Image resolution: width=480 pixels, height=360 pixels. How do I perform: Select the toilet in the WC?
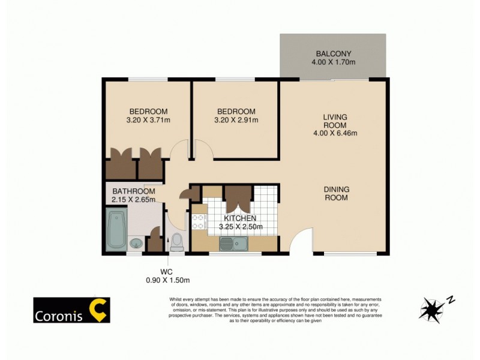point(177,242)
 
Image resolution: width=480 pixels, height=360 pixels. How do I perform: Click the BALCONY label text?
point(333,52)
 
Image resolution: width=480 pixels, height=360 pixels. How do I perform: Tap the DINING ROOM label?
point(337,193)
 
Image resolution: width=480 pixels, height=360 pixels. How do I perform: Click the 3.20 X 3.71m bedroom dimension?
point(148,120)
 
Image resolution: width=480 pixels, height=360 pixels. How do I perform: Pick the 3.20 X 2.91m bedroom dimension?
point(236,120)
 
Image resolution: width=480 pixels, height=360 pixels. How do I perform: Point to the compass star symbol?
point(431,309)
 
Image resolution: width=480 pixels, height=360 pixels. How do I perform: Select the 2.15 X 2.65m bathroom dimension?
point(133,200)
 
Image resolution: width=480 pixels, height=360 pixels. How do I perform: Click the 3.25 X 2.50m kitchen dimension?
point(240,226)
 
